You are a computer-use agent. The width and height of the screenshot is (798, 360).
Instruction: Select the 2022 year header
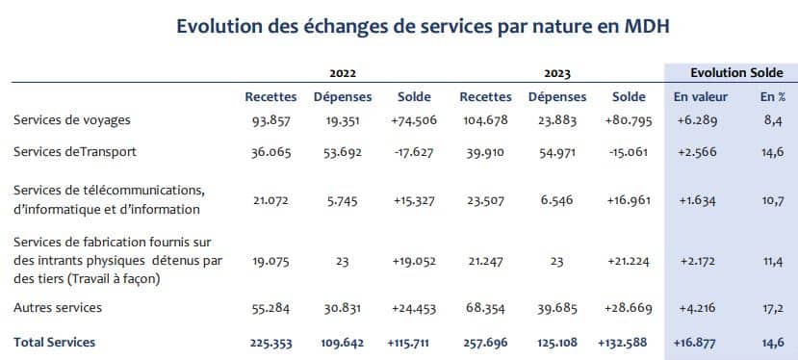pyautogui.click(x=344, y=73)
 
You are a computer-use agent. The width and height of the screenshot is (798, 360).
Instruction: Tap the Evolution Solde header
pyautogui.click(x=730, y=73)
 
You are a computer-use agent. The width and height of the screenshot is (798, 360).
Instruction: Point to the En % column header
pyautogui.click(x=772, y=97)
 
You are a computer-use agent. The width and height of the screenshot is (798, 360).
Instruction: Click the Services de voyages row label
pyautogui.click(x=72, y=119)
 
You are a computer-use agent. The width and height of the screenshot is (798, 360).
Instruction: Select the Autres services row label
pyautogui.click(x=58, y=308)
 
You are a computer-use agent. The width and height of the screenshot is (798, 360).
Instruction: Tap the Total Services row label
pyautogui.click(x=55, y=342)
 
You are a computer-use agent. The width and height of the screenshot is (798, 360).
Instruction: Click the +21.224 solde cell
pyautogui.click(x=629, y=261)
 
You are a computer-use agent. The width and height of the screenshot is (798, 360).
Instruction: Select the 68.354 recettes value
pyautogui.click(x=485, y=308)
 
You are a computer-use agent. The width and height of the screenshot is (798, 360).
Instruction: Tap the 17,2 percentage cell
pyautogui.click(x=772, y=308)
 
